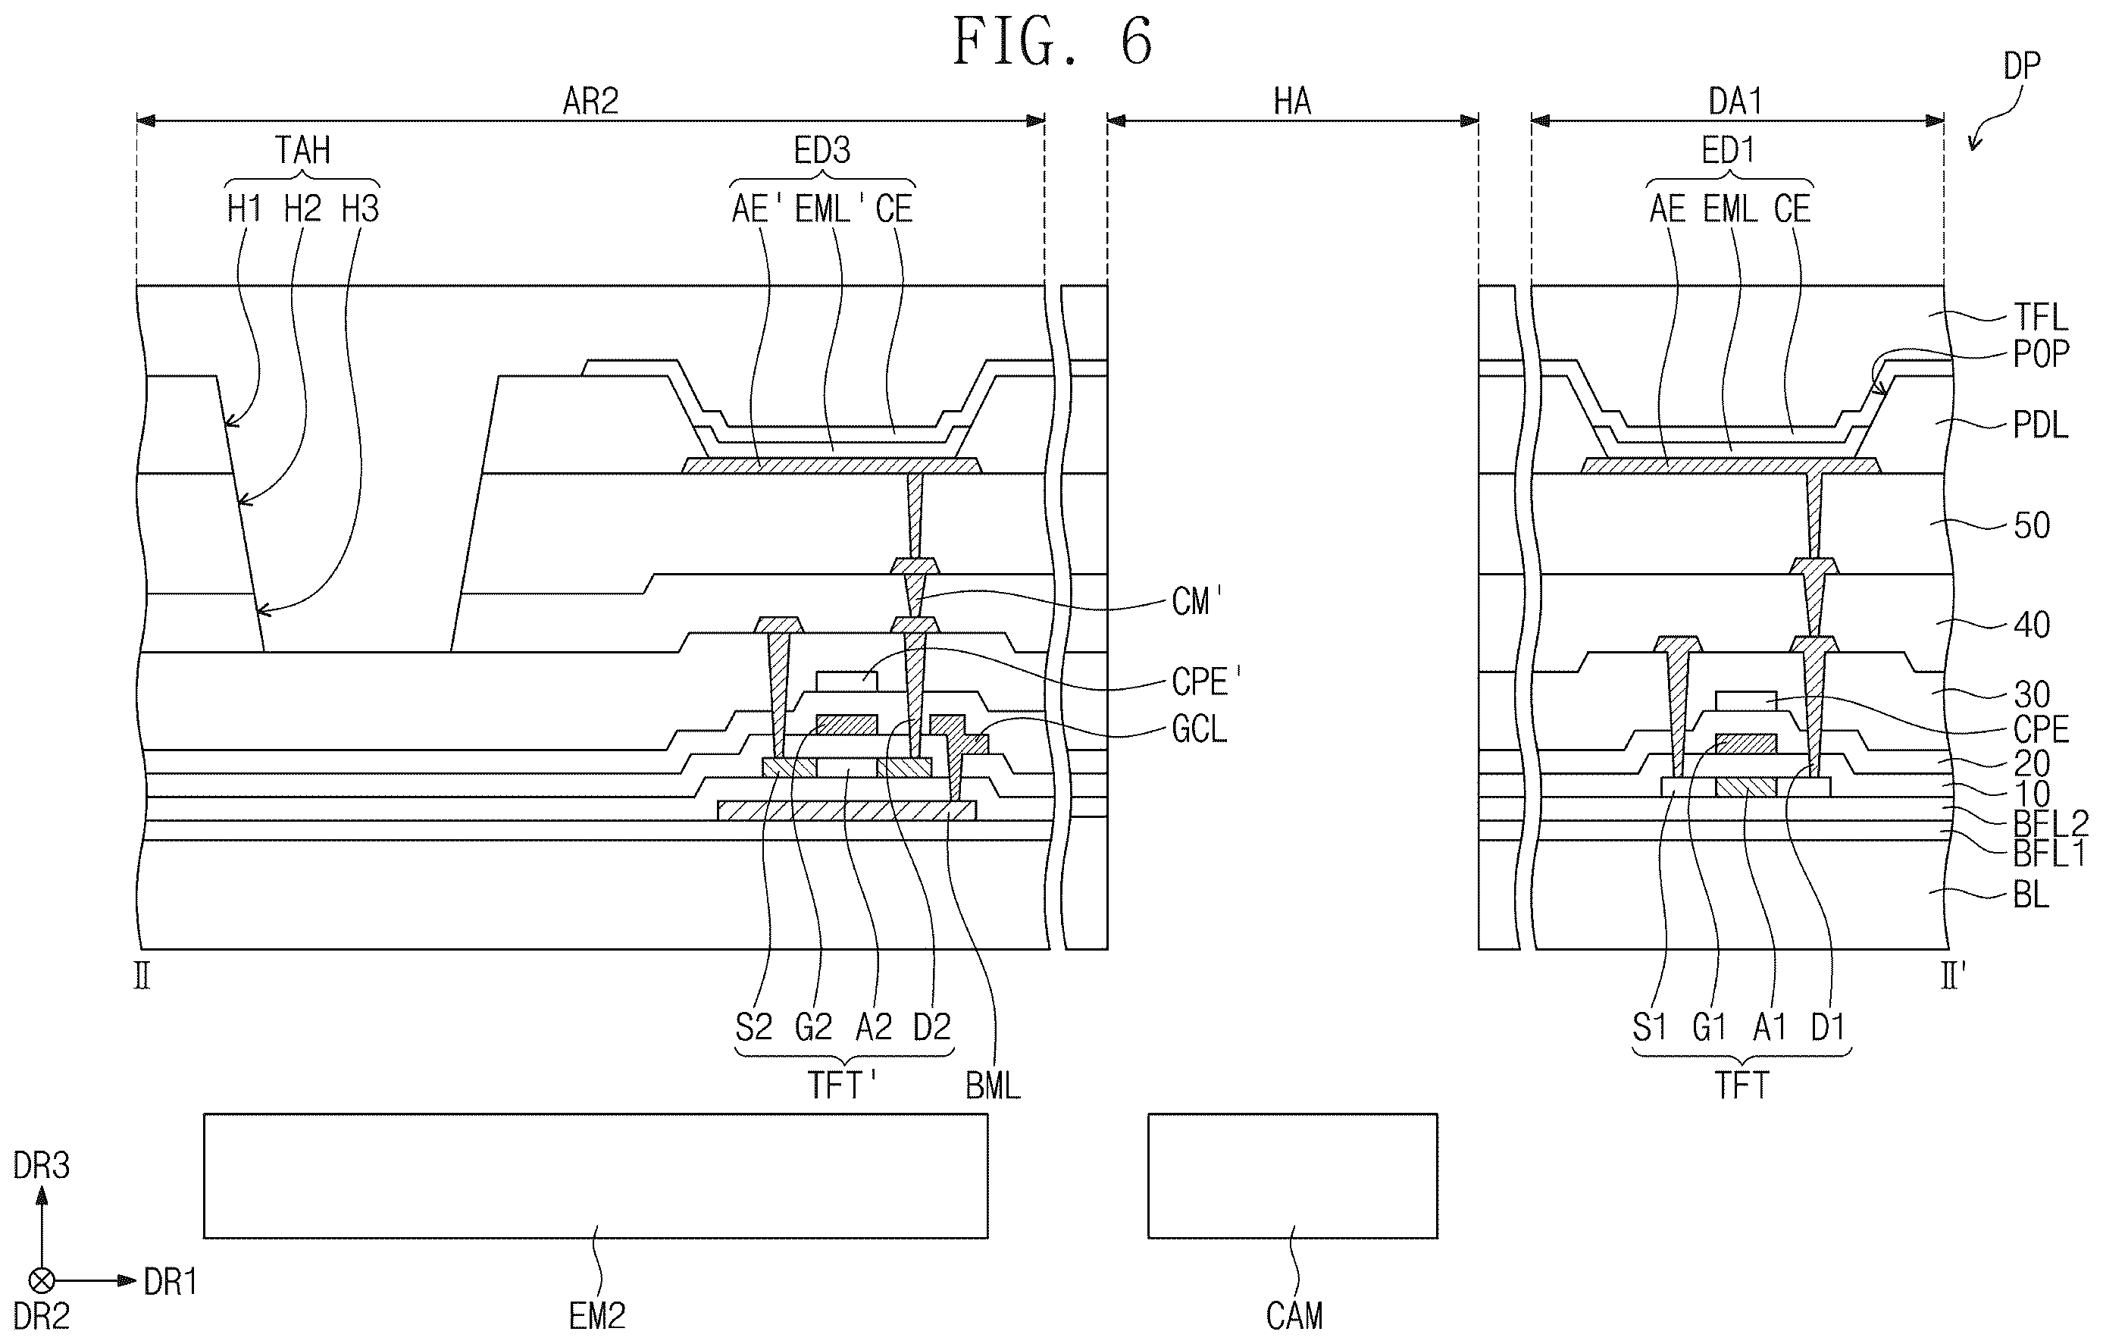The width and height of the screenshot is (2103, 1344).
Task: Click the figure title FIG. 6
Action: [1053, 41]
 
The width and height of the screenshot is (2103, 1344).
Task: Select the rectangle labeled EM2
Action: [596, 1176]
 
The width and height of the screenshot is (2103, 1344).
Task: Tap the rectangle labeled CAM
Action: [1293, 1176]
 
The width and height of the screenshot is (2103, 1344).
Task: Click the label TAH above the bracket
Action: [303, 150]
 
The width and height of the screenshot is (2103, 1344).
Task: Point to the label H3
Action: [360, 208]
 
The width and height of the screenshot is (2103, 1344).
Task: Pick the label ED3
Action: [821, 150]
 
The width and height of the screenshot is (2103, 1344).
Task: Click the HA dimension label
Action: [1293, 102]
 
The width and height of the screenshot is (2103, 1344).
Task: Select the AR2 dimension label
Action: [590, 102]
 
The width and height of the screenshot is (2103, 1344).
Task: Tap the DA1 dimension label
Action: [1735, 102]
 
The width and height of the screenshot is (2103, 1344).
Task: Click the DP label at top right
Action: [2021, 65]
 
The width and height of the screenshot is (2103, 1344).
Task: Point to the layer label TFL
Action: [2041, 316]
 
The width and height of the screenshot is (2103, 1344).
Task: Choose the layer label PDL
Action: [2041, 425]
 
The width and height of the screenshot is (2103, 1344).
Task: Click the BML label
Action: [993, 1086]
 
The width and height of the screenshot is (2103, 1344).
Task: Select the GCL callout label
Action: [1199, 728]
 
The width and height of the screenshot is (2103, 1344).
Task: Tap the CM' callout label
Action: [1197, 601]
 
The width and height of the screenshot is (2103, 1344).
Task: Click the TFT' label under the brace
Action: [842, 1086]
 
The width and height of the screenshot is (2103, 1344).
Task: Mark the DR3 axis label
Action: [41, 1165]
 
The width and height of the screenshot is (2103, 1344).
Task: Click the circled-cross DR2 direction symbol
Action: [42, 1281]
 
